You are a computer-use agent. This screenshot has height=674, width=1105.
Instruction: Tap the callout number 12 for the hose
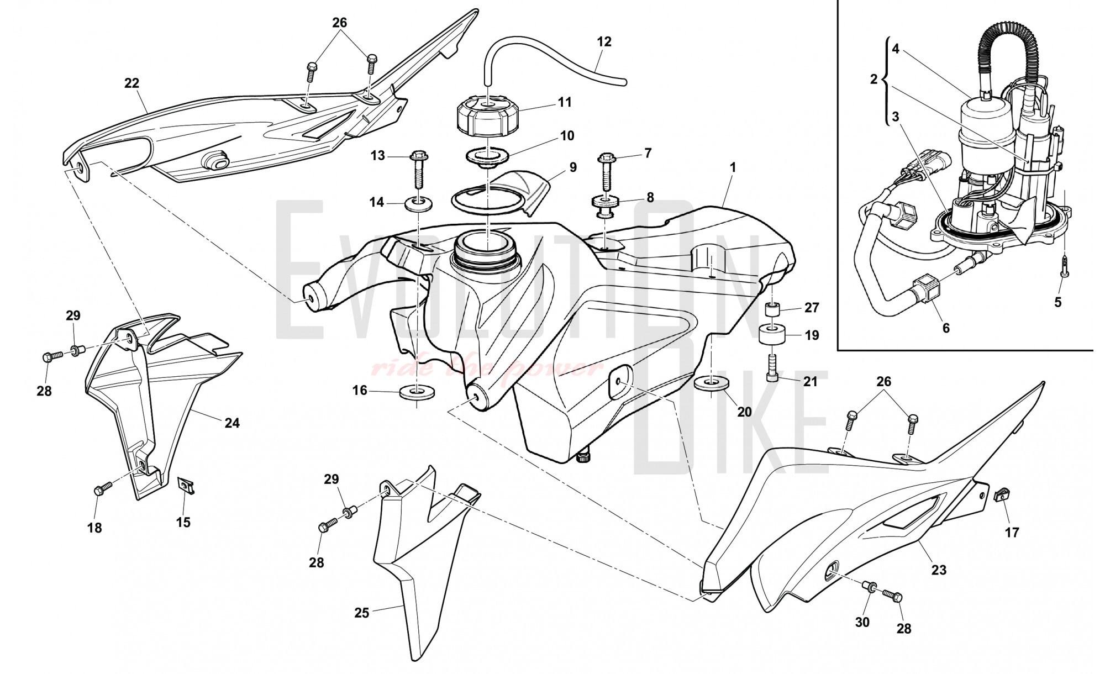[x=604, y=41]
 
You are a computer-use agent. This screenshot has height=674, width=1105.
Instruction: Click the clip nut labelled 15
[x=185, y=486]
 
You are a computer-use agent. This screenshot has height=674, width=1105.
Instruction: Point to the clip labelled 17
[x=999, y=495]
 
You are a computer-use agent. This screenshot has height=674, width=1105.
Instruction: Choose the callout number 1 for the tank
[x=733, y=166]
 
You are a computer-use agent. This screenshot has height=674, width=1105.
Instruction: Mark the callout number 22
[x=131, y=83]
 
